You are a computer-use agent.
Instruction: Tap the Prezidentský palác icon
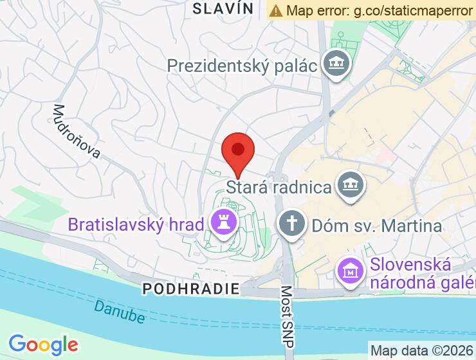334,65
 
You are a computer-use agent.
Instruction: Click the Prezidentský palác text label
243,66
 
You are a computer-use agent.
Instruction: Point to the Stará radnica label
279,188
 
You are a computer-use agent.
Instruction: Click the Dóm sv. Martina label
376,226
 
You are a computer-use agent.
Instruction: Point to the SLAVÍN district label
223,8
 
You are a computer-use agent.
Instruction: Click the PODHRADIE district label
190,289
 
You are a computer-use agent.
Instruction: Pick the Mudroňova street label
77,131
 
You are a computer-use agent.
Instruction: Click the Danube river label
119,310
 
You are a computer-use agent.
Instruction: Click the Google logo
43,345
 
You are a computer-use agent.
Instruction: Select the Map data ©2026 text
421,350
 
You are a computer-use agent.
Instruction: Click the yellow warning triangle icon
276,10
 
